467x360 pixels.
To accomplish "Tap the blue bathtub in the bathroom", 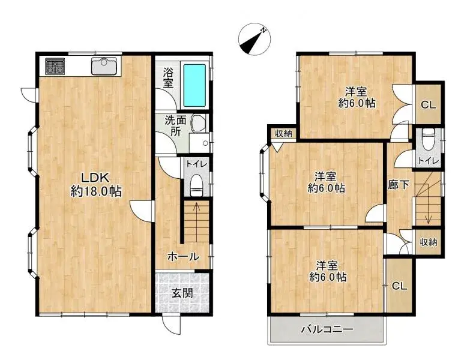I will (194, 84).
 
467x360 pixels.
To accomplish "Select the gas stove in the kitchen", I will (55, 66).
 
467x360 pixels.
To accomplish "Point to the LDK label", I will (94, 178).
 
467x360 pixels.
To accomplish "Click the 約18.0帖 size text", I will (96, 192).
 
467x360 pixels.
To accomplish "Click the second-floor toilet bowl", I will (427, 140).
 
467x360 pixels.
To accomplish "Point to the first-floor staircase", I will (196, 222).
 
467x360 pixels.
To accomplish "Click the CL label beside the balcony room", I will (399, 286).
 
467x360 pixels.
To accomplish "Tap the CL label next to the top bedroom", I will (427, 105).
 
